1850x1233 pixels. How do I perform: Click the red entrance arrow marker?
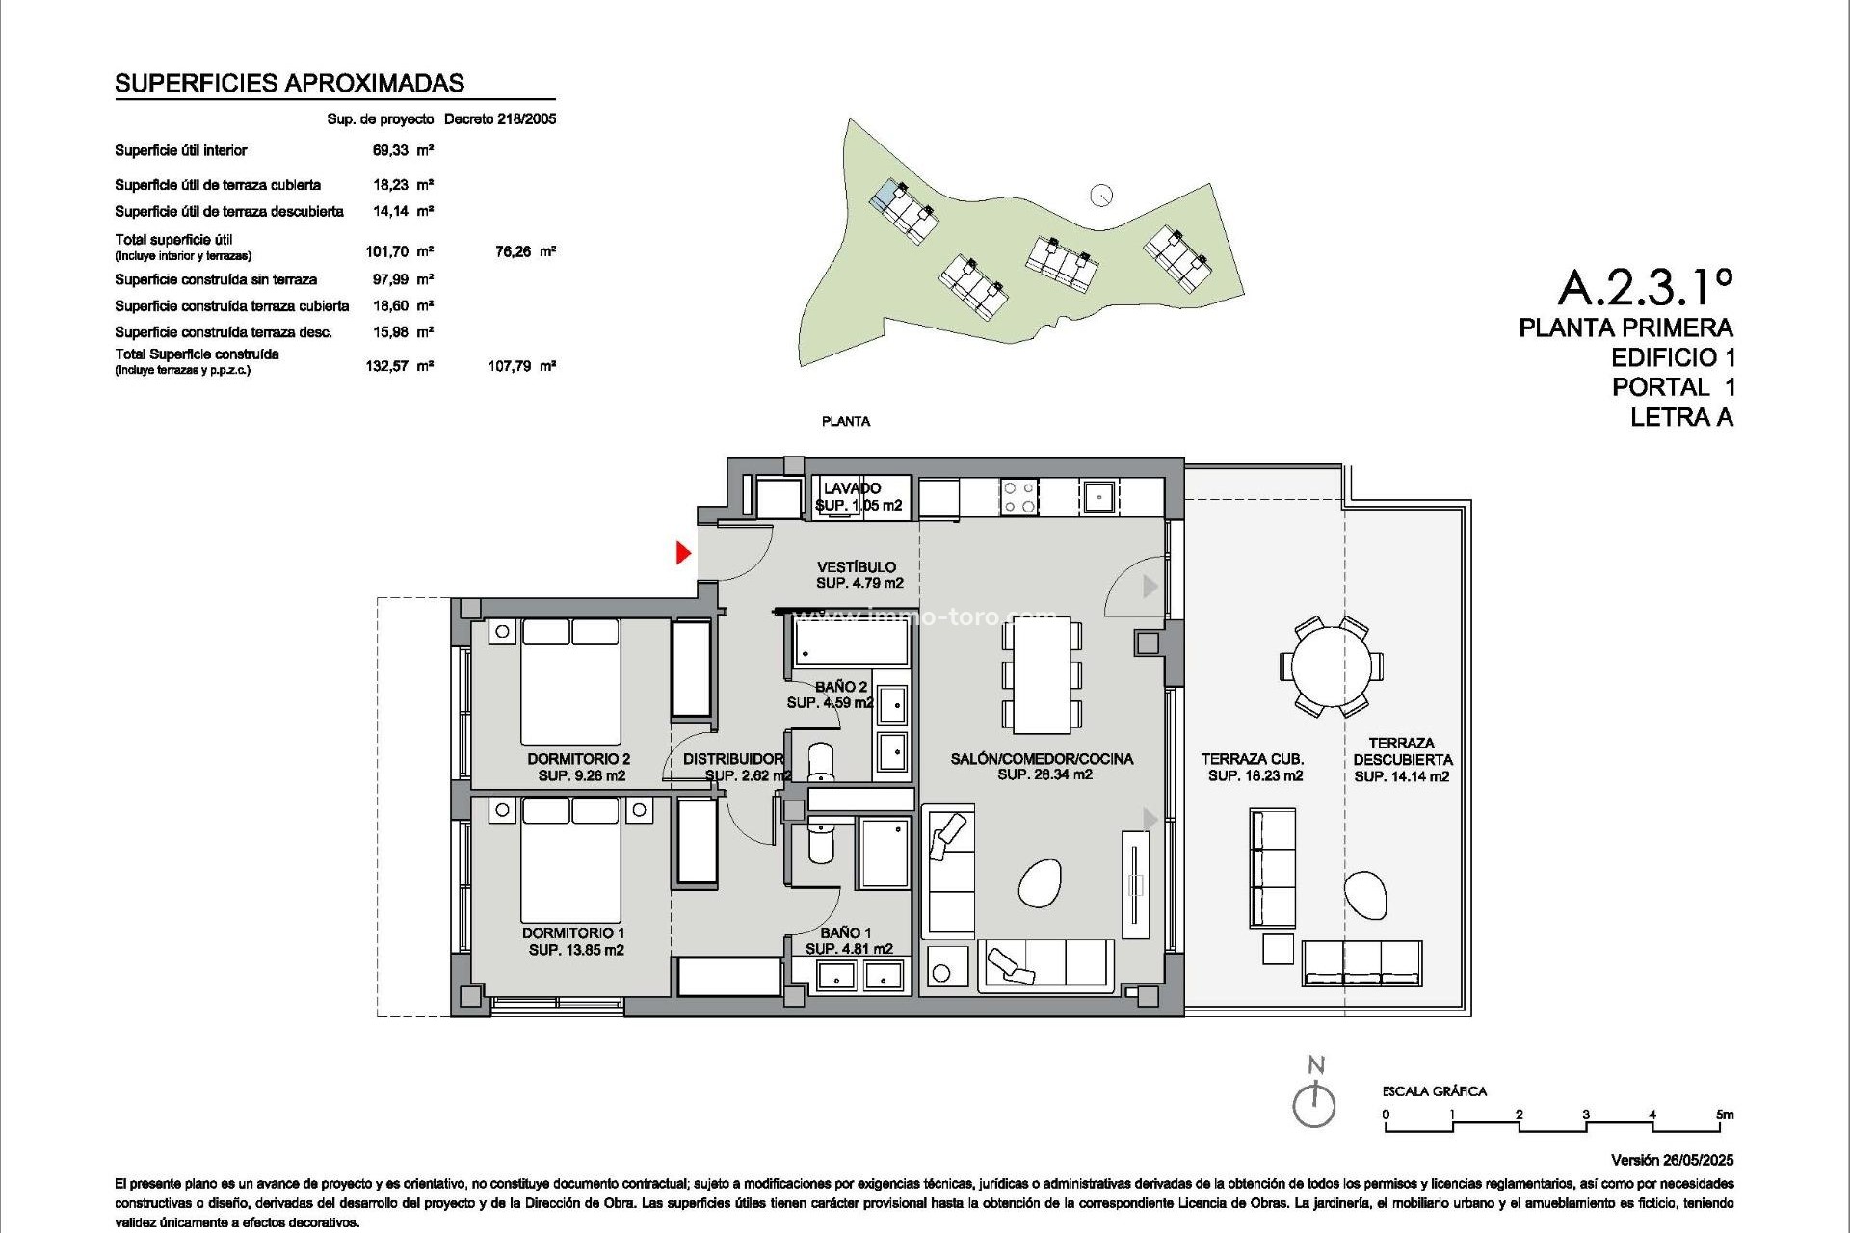(x=683, y=553)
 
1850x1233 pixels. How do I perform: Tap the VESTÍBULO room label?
(x=857, y=567)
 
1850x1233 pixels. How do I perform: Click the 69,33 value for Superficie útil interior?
(x=390, y=150)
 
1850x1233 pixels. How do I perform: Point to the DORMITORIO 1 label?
(x=573, y=932)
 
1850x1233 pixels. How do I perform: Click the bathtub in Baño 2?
(x=851, y=643)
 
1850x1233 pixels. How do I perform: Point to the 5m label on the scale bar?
(x=1724, y=1115)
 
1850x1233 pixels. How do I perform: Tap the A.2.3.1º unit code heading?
(x=1645, y=285)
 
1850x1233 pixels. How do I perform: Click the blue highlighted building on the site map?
(x=885, y=196)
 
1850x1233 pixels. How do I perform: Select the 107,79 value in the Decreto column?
(x=510, y=366)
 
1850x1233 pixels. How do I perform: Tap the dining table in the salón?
(x=1041, y=674)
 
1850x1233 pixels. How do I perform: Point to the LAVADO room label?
(x=852, y=488)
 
